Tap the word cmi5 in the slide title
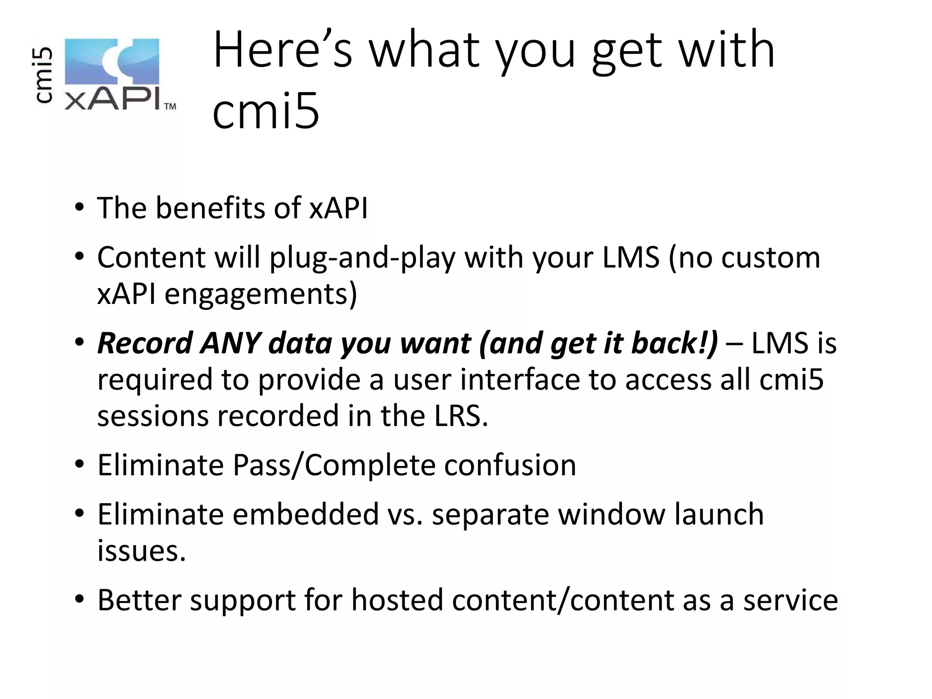(266, 111)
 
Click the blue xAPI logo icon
(112, 62)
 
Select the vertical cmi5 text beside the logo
(44, 75)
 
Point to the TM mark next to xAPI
(170, 106)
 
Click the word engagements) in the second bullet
(261, 294)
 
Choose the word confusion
(510, 465)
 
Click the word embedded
(306, 514)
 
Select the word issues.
(142, 551)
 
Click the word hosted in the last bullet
(397, 600)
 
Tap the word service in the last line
(790, 600)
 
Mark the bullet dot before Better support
(80, 599)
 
